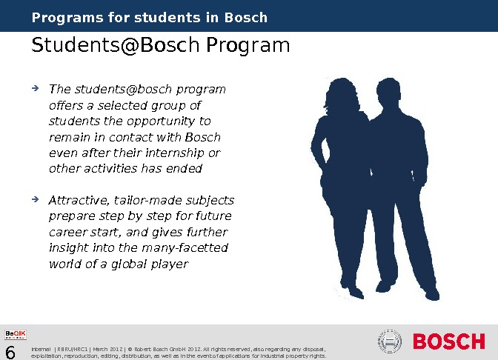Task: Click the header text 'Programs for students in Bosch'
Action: pyautogui.click(x=150, y=17)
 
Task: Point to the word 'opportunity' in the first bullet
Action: pyautogui.click(x=181, y=121)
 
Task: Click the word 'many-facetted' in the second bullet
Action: pyautogui.click(x=191, y=248)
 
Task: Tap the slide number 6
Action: pyautogui.click(x=11, y=351)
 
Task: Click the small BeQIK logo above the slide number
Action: pyautogui.click(x=16, y=335)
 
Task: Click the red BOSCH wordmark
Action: pyautogui.click(x=448, y=342)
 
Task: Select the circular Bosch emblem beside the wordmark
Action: pyautogui.click(x=390, y=341)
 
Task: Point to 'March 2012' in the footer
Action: pyautogui.click(x=107, y=348)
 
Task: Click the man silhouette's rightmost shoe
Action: pyautogui.click(x=431, y=294)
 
